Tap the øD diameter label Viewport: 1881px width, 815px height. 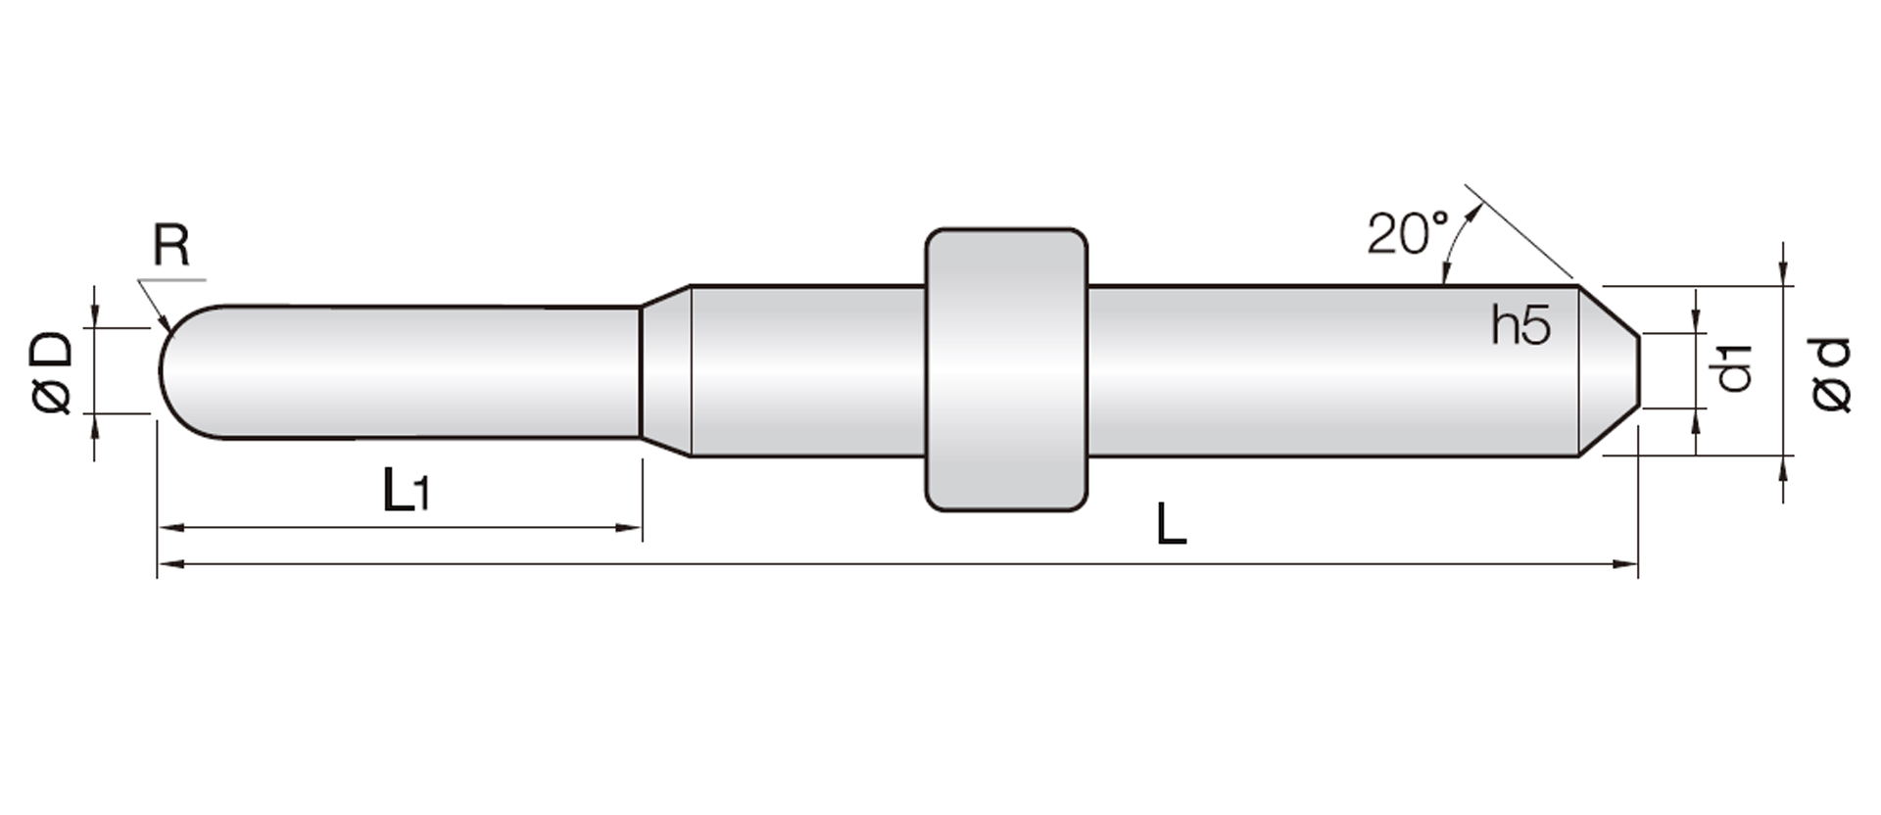pyautogui.click(x=52, y=373)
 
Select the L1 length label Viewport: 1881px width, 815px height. pyautogui.click(x=406, y=490)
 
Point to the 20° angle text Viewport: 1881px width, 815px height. pyautogui.click(x=1408, y=233)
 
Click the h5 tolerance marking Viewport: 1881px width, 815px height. pyautogui.click(x=1520, y=325)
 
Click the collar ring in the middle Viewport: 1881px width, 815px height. pyautogui.click(x=1006, y=370)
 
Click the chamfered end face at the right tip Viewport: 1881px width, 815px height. pyautogui.click(x=1609, y=370)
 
